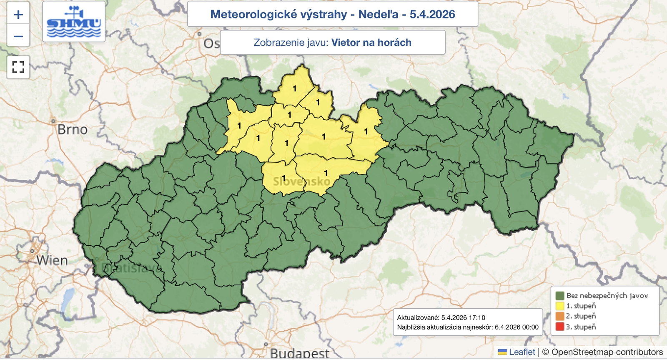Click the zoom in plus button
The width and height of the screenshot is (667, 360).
18,15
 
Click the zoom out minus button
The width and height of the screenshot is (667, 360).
18,36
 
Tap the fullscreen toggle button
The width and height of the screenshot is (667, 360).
18,67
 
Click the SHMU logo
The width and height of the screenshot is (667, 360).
74,22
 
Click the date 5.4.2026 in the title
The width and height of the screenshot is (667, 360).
432,14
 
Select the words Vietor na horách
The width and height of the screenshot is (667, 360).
371,43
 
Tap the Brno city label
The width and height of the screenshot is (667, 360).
73,130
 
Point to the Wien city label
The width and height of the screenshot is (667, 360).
52,260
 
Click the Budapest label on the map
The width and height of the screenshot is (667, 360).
299,353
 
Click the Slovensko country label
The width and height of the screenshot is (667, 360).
301,181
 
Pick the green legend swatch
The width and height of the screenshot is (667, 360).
560,295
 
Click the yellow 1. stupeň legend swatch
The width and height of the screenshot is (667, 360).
560,306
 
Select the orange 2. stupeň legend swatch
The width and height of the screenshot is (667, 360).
560,316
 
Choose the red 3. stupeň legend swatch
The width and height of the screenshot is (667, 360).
560,327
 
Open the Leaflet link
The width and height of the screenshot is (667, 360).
522,352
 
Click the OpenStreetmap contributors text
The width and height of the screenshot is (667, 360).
607,352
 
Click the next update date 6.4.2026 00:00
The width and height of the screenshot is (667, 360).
517,327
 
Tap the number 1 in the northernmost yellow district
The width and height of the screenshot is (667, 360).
295,88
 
